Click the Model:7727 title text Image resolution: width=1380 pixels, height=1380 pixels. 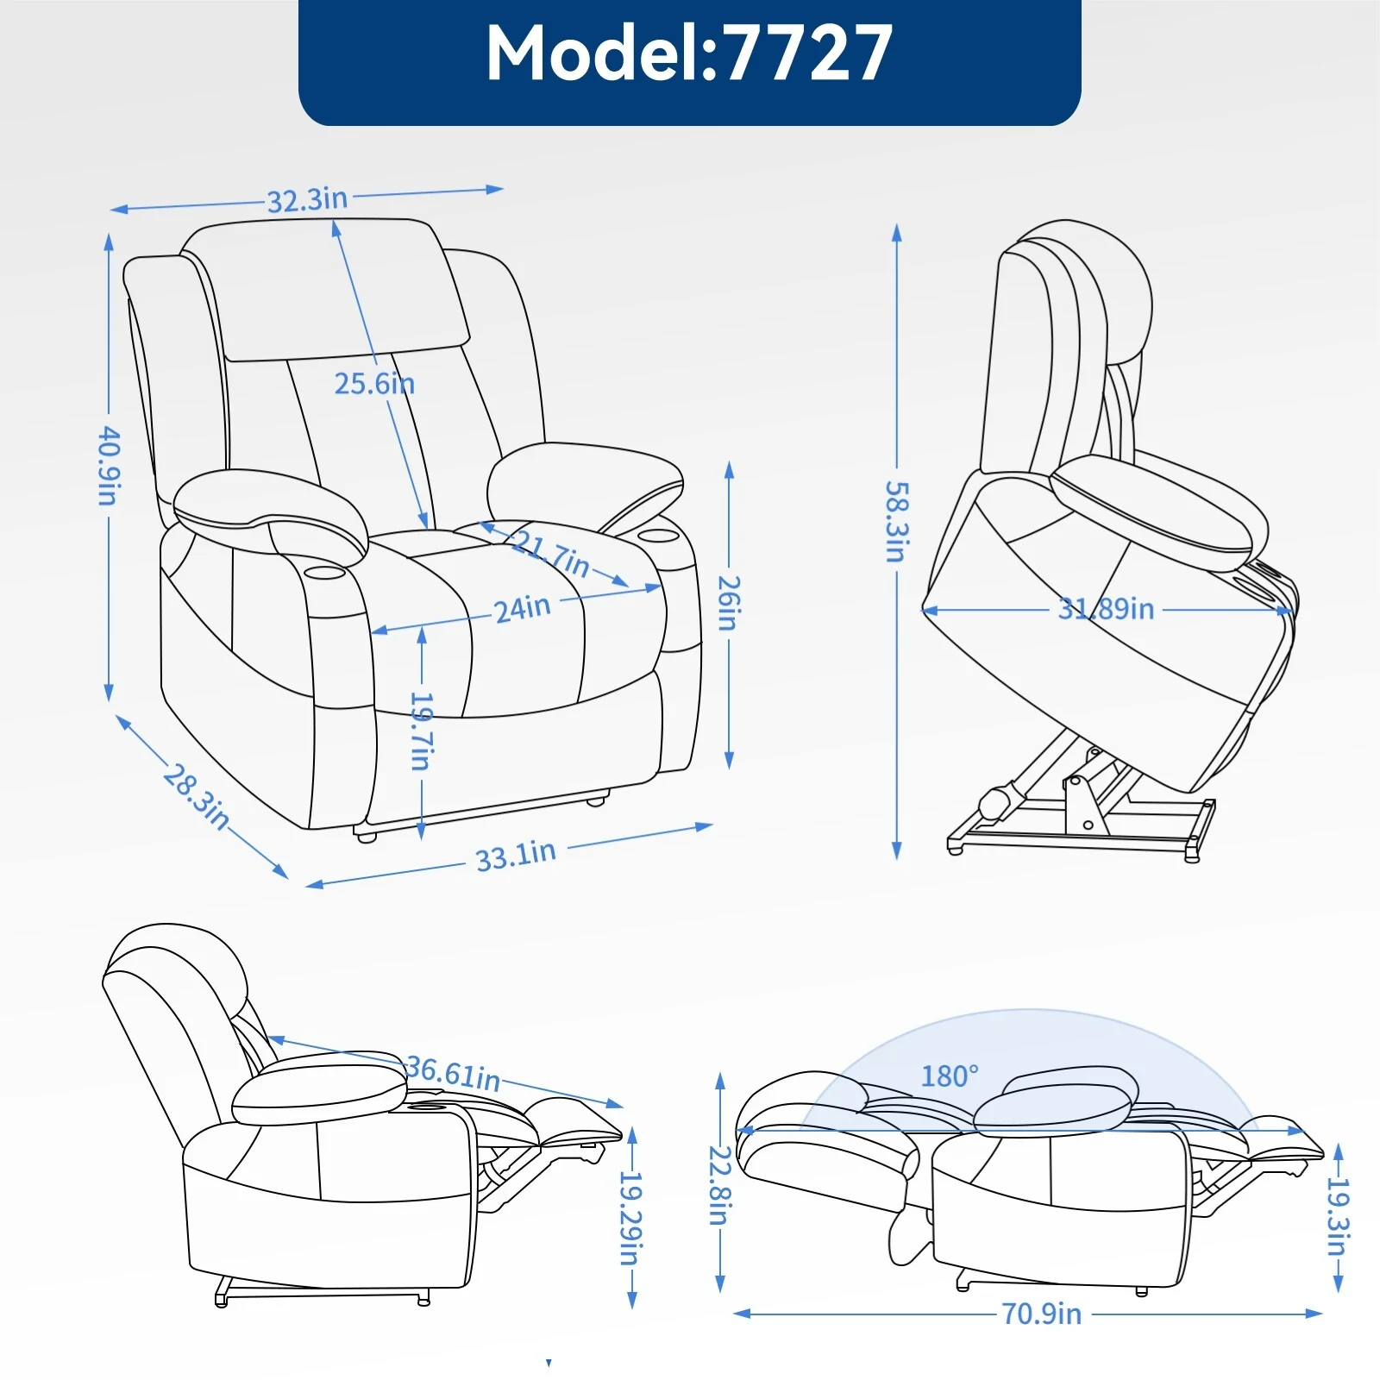point(689,53)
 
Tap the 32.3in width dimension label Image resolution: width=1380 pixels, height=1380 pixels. point(307,200)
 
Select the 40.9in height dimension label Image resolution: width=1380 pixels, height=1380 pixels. point(110,465)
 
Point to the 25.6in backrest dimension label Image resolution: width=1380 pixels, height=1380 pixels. point(374,383)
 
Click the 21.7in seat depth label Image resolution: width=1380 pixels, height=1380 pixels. point(552,554)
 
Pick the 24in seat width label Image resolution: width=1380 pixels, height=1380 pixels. point(522,608)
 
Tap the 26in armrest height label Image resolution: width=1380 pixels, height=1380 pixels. point(730,603)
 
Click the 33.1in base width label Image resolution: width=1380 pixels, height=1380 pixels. point(516,855)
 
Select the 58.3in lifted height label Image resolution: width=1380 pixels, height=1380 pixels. point(897,521)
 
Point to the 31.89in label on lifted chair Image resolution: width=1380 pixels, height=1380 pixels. point(1106,609)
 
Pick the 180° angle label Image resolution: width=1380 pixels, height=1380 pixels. point(950,1076)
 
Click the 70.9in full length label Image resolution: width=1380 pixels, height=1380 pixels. point(1041,1314)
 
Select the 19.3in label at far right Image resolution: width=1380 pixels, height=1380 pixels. point(1338,1218)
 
